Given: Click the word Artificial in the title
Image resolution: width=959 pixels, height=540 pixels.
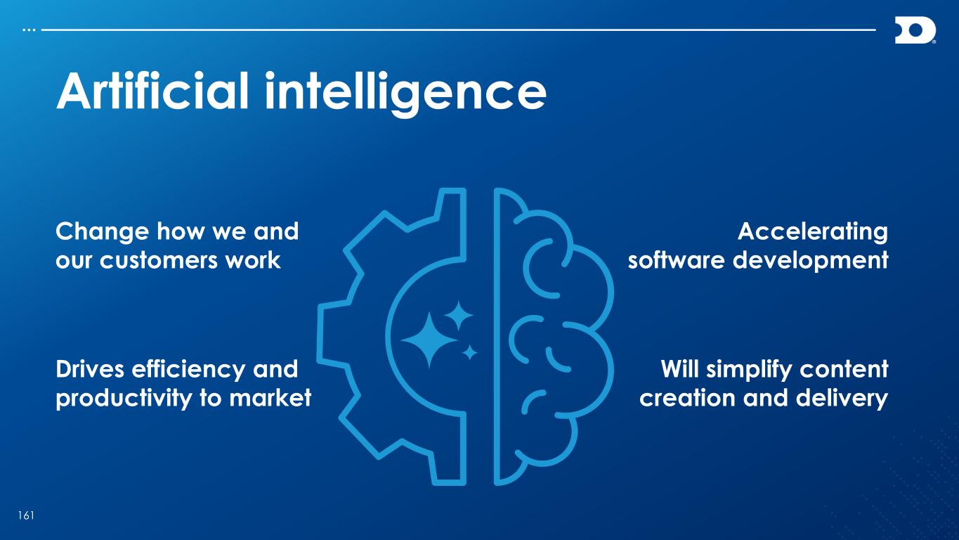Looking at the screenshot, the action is click(152, 91).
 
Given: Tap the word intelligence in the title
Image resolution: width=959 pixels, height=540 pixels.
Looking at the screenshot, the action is click(405, 94).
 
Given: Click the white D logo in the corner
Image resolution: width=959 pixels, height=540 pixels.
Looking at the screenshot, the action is click(915, 30).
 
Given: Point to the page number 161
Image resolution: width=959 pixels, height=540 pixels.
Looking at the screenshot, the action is click(26, 515).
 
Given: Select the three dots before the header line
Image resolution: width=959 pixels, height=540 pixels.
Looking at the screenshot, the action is click(29, 30).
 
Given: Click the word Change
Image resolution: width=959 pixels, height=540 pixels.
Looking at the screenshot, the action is click(103, 233).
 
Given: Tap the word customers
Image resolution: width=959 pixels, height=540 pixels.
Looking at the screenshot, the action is click(159, 261).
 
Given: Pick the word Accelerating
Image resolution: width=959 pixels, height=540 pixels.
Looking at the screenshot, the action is click(813, 233).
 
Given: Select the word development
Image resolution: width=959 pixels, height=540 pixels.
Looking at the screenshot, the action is click(811, 261).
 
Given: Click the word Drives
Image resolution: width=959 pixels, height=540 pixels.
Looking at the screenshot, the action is click(90, 369).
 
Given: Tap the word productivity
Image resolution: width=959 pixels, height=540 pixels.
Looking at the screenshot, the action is click(124, 399).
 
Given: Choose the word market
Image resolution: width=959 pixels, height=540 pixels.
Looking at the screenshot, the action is click(270, 398).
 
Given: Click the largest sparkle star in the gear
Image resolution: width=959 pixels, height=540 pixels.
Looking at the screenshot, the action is click(429, 340).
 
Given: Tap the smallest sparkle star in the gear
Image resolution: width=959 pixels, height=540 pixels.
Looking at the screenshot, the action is click(469, 352).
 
